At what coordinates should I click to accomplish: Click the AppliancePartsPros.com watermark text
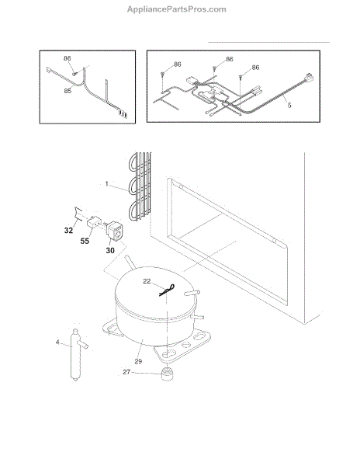point(177,9)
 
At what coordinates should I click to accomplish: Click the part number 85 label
point(67,91)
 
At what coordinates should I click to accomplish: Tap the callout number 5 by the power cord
point(289,105)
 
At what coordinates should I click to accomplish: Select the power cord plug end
point(308,78)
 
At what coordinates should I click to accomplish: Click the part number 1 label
point(106,183)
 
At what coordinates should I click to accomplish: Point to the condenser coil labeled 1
point(140,186)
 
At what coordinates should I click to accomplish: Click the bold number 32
point(68,231)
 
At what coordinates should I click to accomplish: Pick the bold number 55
point(85,241)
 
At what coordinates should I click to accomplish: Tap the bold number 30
point(110,251)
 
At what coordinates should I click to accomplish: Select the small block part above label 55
point(94,222)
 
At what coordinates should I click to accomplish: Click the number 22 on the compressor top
point(147,281)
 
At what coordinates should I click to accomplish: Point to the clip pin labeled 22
point(167,290)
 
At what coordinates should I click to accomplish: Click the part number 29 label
point(138,361)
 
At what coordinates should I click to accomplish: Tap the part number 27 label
point(126,372)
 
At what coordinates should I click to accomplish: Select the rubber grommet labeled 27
point(168,374)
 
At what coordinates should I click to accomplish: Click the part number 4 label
point(57,343)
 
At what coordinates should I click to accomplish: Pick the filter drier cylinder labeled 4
point(76,355)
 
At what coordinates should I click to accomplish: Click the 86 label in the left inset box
point(67,58)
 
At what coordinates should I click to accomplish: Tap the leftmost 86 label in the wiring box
point(178,64)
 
